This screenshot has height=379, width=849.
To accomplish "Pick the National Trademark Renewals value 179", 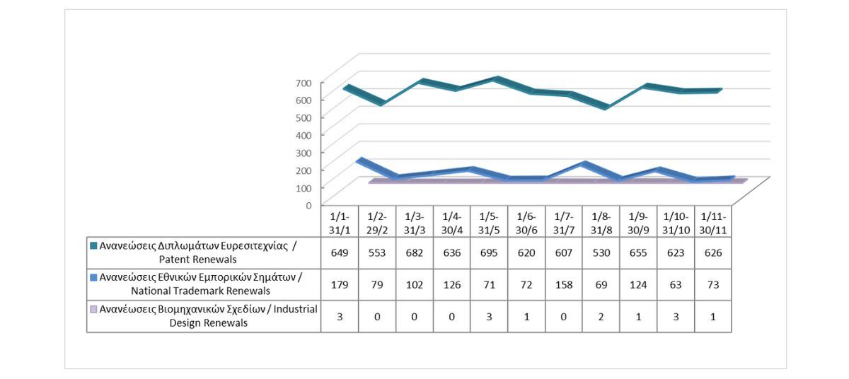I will [x=340, y=284].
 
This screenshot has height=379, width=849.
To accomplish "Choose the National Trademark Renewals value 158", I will [x=564, y=284].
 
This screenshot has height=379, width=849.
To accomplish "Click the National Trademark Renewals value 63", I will [x=676, y=284].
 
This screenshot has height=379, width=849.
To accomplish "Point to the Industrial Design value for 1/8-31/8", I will [x=601, y=317].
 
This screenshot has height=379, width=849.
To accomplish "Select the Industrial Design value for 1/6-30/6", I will [x=526, y=317].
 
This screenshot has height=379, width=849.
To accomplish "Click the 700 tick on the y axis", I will [x=304, y=83].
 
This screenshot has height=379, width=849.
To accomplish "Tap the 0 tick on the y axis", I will [x=308, y=205].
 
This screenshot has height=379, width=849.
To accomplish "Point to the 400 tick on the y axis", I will [x=304, y=135].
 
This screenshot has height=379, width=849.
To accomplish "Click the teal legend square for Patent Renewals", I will [x=93, y=246].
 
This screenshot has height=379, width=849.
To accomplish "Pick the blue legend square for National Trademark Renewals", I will [x=93, y=277].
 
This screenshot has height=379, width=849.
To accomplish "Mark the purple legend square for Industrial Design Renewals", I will [x=93, y=310].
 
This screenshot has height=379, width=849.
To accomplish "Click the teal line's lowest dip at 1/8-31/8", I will [x=606, y=107].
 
